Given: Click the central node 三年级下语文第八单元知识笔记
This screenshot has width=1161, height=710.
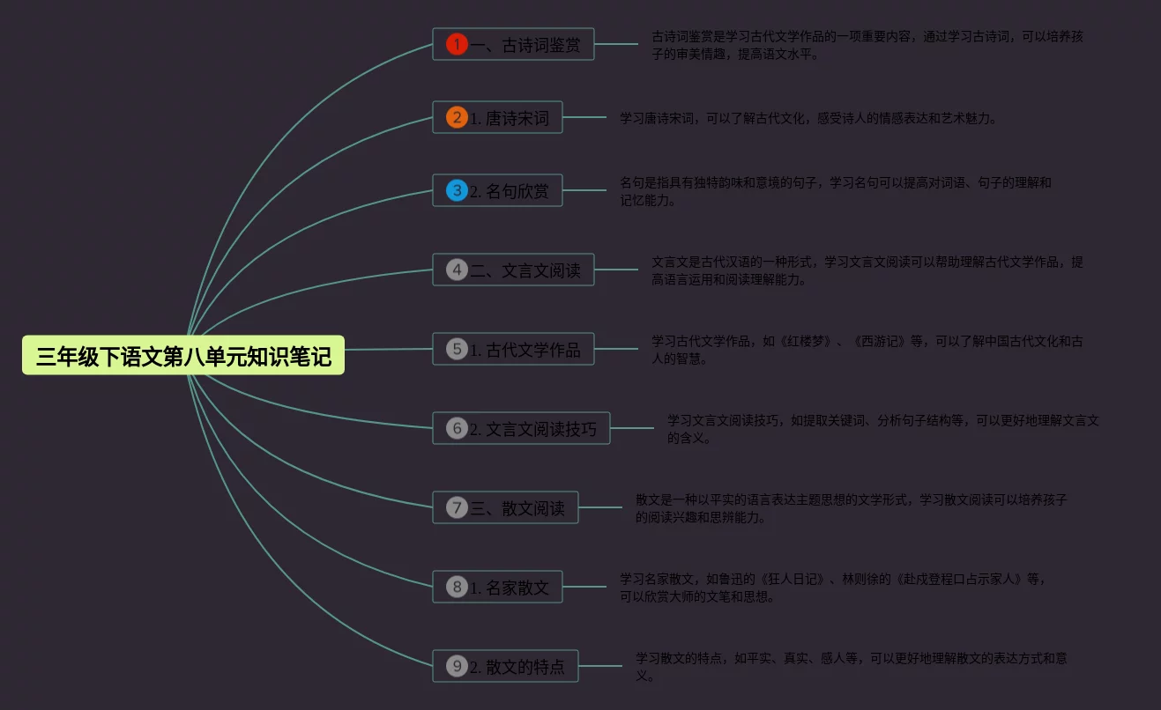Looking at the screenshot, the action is coord(183,356).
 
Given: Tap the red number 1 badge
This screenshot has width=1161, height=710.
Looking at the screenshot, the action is coord(457,44).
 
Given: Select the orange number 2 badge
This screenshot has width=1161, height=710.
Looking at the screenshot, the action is coord(457,117).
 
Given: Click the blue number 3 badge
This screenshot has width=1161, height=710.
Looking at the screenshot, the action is coord(457,190).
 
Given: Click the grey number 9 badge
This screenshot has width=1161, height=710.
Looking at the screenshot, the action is coord(457,666).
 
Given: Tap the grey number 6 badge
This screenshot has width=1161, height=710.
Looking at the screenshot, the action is coord(457,428).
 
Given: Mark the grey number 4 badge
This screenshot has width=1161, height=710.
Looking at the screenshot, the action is coord(457,270).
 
